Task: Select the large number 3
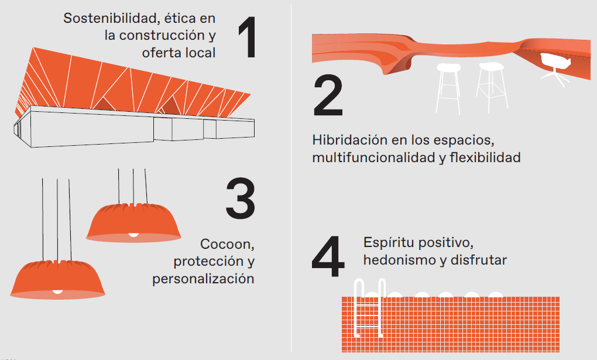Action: click(240, 197)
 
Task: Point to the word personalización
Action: click(203, 279)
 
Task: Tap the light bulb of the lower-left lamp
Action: click(57, 290)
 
